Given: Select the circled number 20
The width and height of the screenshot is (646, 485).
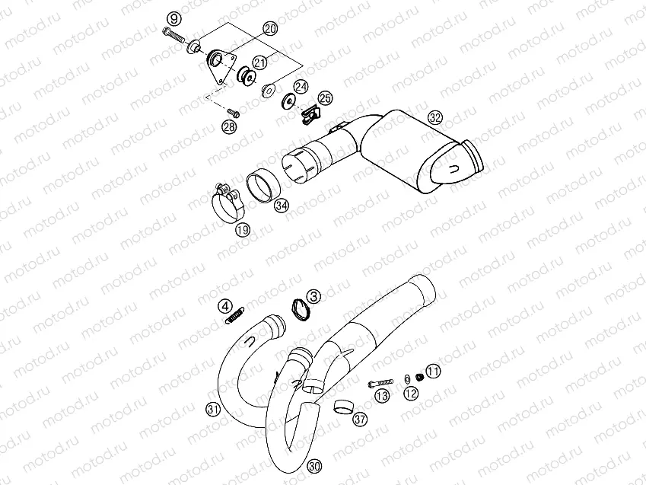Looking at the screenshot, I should (270, 28).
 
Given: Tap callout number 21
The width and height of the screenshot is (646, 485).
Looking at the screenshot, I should (260, 62).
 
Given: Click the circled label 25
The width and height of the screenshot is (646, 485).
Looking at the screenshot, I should (325, 98).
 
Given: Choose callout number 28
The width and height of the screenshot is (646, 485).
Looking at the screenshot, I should (229, 126).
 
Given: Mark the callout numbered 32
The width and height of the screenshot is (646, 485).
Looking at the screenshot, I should (434, 117).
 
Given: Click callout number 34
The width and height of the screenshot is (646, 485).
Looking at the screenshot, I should (282, 206).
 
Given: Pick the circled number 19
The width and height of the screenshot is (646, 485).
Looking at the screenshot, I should (243, 229).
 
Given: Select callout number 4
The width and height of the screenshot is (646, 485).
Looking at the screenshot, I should (226, 306).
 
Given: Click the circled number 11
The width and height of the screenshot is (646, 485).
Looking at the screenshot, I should (433, 372).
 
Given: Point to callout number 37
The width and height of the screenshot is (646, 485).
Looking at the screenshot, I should (360, 420).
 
